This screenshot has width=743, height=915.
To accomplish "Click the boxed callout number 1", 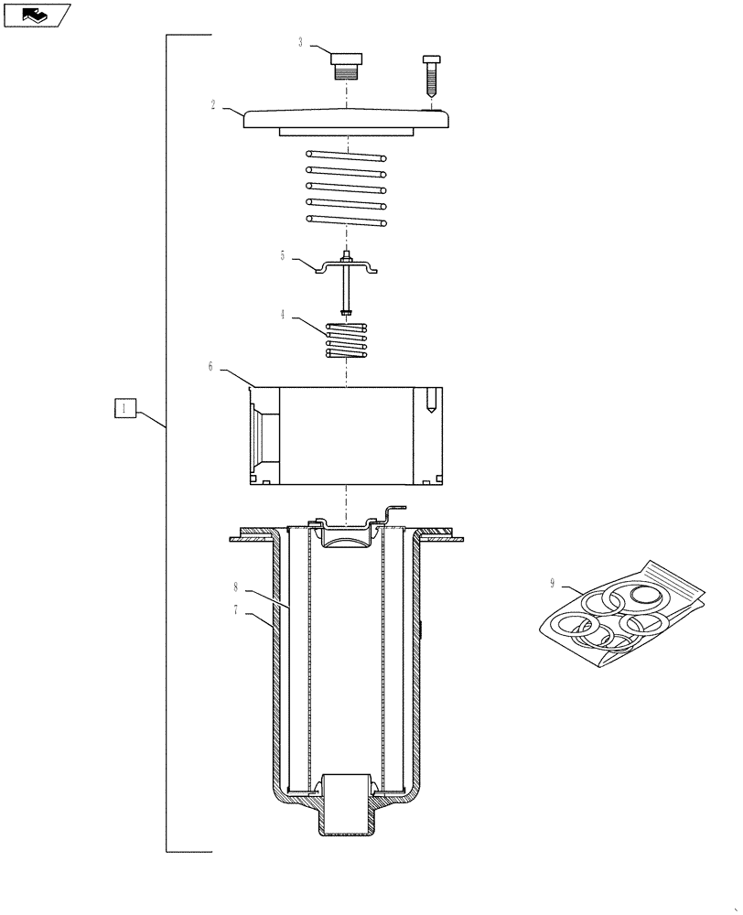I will click(124, 409).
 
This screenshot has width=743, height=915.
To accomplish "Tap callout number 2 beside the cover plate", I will click(213, 105).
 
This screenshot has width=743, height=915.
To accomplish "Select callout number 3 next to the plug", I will click(301, 42).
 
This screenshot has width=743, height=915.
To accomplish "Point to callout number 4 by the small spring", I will click(284, 314).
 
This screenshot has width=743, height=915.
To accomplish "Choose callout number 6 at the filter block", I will click(210, 366).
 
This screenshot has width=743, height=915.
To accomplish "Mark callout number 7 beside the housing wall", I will click(235, 609).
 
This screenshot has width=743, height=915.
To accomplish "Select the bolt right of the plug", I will click(431, 77).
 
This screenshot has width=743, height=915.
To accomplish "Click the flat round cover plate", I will click(348, 118).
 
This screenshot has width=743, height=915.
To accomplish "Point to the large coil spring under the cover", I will click(347, 188).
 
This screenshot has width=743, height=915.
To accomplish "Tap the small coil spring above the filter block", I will click(347, 340).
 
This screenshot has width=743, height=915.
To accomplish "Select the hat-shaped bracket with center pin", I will click(348, 267).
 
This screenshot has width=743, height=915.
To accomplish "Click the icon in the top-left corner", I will click(36, 15).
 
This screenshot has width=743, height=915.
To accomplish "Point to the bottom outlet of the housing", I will click(347, 820).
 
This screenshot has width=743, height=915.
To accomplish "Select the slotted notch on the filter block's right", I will click(430, 400).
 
